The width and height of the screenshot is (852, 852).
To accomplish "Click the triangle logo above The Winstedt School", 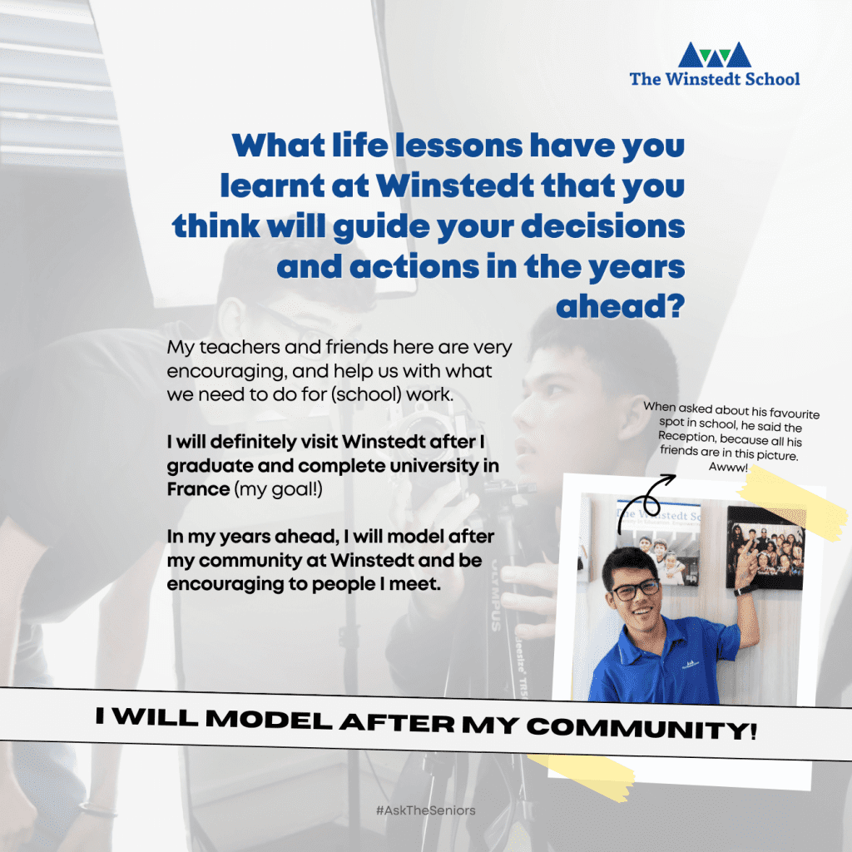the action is (715, 54).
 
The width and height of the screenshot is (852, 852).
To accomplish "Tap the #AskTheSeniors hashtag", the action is (425, 810).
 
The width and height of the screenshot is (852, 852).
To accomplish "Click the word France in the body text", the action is (198, 489).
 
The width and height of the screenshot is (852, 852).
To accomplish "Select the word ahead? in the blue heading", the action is (620, 306).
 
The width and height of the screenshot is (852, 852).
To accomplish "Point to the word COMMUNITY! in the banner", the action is (641, 729).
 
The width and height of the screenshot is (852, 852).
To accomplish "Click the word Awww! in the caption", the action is (728, 467).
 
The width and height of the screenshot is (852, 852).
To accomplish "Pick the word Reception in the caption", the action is (686, 437).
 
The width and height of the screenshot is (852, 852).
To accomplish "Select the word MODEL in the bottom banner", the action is (269, 720).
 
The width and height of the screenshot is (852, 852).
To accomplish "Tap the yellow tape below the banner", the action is (581, 775).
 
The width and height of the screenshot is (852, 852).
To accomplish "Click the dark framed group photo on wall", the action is (765, 547).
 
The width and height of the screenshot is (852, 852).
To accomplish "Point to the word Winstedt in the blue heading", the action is (455, 186).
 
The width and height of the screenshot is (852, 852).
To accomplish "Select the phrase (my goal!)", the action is (278, 489).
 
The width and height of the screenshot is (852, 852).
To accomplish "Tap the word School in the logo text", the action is (772, 79).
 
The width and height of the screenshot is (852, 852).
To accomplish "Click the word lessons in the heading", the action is (459, 146).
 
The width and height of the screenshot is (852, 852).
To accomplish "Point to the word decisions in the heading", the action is (602, 226).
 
